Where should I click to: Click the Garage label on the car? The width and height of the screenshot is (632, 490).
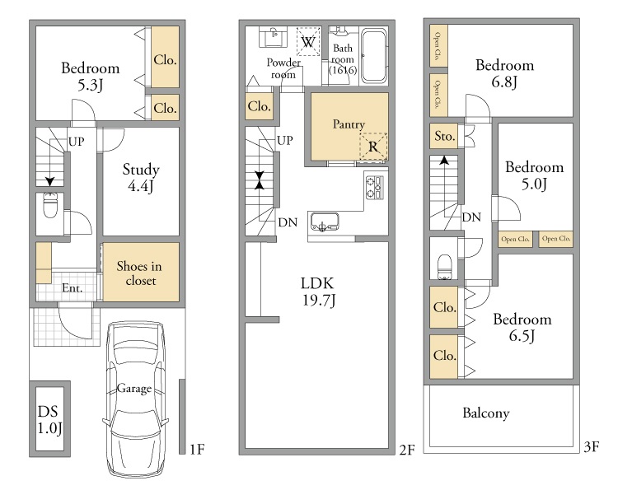tap(133, 388)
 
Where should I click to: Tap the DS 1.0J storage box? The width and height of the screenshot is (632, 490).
tap(49, 418)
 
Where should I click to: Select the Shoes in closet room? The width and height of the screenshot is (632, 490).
tap(141, 271)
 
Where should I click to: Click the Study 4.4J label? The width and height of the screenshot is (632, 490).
tap(141, 177)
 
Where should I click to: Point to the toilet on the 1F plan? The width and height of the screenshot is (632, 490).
tap(50, 205)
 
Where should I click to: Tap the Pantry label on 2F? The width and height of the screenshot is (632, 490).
tap(349, 124)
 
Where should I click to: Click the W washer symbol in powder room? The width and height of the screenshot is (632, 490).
tap(308, 41)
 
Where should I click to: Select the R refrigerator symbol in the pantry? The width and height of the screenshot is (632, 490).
tap(373, 147)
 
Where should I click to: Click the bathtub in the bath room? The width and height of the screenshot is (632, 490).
tap(373, 56)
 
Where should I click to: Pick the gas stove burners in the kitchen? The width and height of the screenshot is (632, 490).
tap(374, 187)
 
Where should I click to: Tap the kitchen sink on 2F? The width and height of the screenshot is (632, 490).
tap(324, 222)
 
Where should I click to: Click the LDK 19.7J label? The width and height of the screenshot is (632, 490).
tap(318, 292)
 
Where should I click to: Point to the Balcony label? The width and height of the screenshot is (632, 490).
tap(485, 413)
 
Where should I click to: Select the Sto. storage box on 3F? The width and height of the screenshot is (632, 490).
tap(445, 136)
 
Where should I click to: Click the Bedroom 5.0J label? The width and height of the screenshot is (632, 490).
tap(535, 175)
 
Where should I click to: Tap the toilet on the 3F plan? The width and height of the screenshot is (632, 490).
tap(445, 267)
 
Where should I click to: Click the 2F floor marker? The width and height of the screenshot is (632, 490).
tap(407, 450)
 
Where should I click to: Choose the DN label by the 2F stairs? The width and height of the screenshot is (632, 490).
tap(288, 222)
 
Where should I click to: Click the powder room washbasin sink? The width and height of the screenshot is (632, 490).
tap(274, 38)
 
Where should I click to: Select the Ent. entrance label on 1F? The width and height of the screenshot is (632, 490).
tap(73, 287)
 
